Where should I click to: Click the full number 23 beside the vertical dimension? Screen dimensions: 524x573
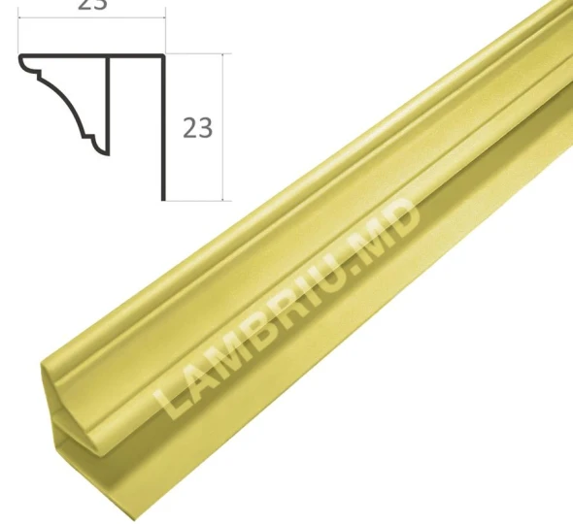coord(197,128)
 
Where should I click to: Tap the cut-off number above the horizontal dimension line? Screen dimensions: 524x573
coord(92,5)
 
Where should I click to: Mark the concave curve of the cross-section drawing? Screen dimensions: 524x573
coord(68,102)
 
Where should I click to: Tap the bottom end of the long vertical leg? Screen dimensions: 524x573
coord(163,198)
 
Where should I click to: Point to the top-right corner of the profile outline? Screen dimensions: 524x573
coord(163,55)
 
